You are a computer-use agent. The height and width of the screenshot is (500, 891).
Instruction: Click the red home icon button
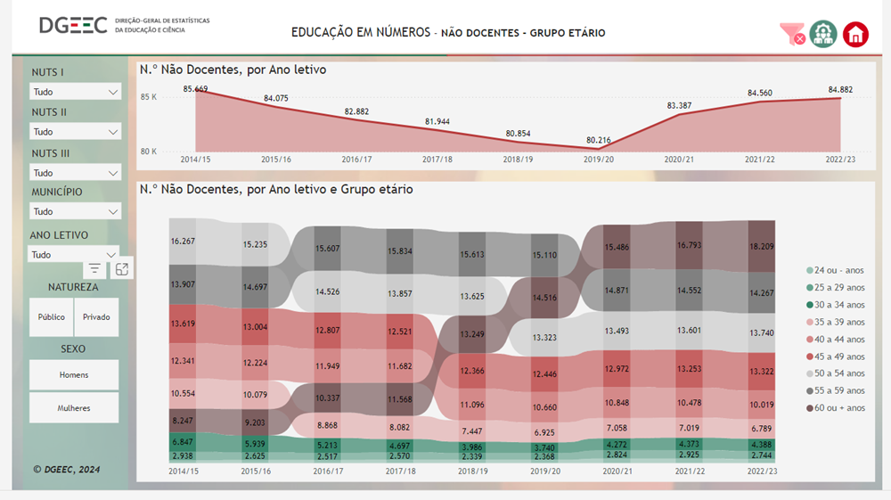coord(855,34)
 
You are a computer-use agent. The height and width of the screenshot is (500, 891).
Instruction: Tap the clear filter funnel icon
coord(791,34)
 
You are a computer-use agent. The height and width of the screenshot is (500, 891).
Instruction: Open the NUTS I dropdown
coord(75,92)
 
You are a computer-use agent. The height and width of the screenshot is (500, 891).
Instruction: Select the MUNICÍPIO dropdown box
coord(75,212)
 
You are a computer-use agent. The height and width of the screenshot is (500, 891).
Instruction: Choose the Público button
coord(52,317)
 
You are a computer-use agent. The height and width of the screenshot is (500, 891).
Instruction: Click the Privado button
coord(96,317)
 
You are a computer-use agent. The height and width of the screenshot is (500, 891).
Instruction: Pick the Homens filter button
coord(74,375)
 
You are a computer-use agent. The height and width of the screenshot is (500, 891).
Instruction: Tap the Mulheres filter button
coord(74,408)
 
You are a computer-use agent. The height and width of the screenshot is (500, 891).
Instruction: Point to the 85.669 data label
coord(195,89)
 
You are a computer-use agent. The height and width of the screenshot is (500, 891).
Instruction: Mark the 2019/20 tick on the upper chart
coord(599,160)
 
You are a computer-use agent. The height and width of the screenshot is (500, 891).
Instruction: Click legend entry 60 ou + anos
coord(838,408)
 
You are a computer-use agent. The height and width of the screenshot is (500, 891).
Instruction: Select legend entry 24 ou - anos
coord(838,271)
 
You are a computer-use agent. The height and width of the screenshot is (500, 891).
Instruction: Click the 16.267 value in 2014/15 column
coord(183,241)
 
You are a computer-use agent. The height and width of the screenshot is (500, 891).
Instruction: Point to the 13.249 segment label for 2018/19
coord(472,334)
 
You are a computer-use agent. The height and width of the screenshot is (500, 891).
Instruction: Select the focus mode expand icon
coord(122,268)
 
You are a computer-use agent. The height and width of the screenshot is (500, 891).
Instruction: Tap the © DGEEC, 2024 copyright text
coord(67,469)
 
